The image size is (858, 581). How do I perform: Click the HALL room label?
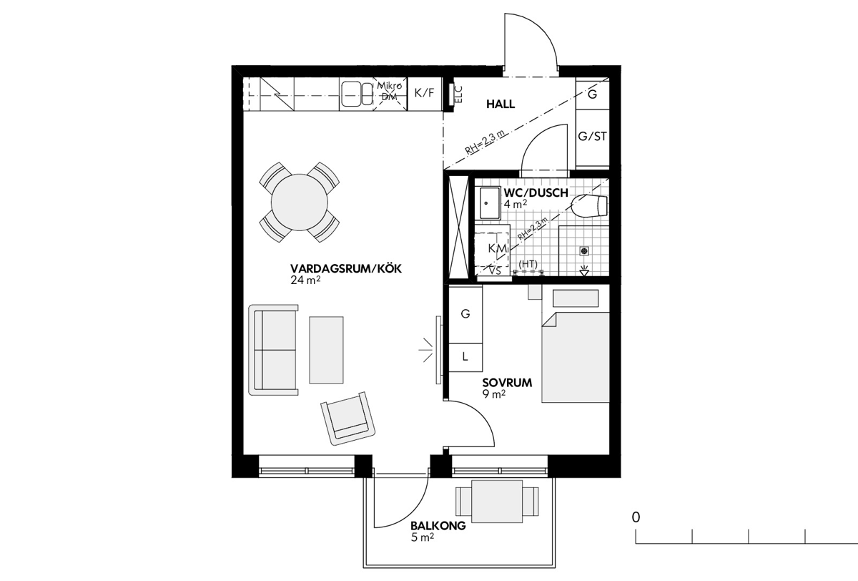[500, 104]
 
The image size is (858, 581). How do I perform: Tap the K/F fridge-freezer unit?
[425, 94]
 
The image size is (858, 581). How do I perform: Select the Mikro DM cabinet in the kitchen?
[390, 94]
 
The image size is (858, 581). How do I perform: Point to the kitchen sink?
[357, 94]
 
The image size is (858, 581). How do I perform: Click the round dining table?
[300, 202]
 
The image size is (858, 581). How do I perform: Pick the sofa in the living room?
[273, 349]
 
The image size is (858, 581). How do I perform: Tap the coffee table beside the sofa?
[326, 349]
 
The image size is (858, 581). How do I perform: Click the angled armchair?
[348, 418]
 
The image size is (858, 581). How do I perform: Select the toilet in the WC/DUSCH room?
[589, 206]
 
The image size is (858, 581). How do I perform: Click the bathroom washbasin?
[490, 203]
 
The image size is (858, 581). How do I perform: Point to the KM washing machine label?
[497, 248]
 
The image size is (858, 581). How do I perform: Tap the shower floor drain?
[584, 251]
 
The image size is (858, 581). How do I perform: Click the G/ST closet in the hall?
[593, 136]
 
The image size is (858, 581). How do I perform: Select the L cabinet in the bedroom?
[465, 357]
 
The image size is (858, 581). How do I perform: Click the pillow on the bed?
[576, 298]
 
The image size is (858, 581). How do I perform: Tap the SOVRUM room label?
[507, 383]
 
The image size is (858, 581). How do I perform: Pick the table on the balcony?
[497, 502]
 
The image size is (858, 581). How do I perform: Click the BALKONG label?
[438, 525]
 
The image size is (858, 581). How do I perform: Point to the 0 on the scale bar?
[636, 517]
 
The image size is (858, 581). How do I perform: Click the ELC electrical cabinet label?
[458, 94]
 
